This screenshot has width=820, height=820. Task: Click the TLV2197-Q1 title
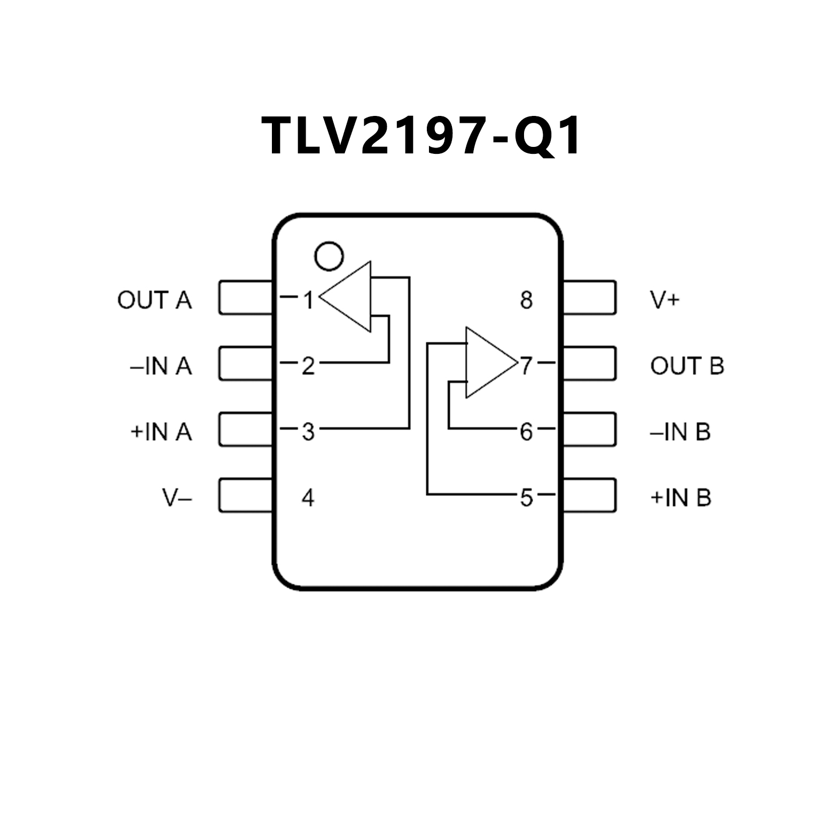tap(420, 136)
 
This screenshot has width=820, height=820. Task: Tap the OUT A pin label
tap(154, 300)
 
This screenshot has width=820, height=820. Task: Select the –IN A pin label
tap(161, 366)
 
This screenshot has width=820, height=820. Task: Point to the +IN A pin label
tap(161, 432)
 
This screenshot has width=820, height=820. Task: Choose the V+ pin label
tap(665, 300)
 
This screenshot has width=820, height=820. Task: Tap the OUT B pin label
tap(687, 366)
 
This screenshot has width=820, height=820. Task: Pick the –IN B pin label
tap(680, 432)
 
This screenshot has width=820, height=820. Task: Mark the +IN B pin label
tap(681, 498)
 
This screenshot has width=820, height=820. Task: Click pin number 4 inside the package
tap(308, 498)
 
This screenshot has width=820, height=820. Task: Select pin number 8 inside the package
tap(526, 300)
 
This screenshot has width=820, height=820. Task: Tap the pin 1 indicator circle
tap(329, 256)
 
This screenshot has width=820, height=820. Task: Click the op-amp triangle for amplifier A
tap(350, 297)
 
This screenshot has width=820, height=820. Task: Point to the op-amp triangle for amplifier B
tap(487, 363)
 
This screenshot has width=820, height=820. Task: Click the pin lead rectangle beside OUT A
tap(245, 298)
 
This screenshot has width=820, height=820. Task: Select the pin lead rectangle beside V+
tap(590, 298)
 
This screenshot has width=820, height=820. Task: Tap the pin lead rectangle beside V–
tap(245, 495)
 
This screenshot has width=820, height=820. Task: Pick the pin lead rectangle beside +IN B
tap(590, 495)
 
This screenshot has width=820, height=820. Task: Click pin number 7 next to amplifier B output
tap(526, 366)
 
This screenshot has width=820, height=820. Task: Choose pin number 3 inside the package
tap(308, 432)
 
